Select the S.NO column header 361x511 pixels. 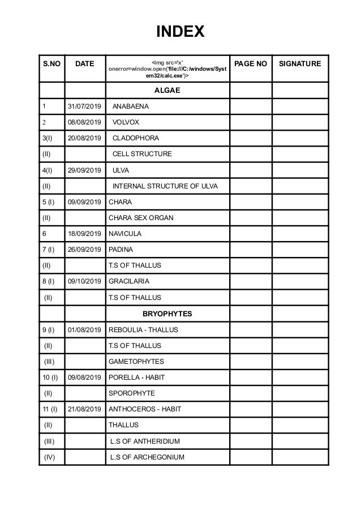click(52, 64)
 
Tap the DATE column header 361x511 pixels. click(85, 64)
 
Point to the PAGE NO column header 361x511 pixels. click(251, 64)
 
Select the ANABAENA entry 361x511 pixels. click(132, 106)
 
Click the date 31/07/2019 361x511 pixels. click(85, 106)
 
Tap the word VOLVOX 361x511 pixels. click(126, 122)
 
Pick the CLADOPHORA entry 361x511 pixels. click(136, 138)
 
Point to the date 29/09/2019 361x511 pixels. click(85, 170)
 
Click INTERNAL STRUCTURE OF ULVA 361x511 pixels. click(165, 186)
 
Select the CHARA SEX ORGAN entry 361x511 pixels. click(141, 218)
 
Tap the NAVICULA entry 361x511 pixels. click(125, 234)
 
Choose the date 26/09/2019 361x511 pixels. click(85, 250)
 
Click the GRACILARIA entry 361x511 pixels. click(128, 281)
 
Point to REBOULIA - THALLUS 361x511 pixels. click(143, 329)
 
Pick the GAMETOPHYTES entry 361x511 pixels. click(136, 361)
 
